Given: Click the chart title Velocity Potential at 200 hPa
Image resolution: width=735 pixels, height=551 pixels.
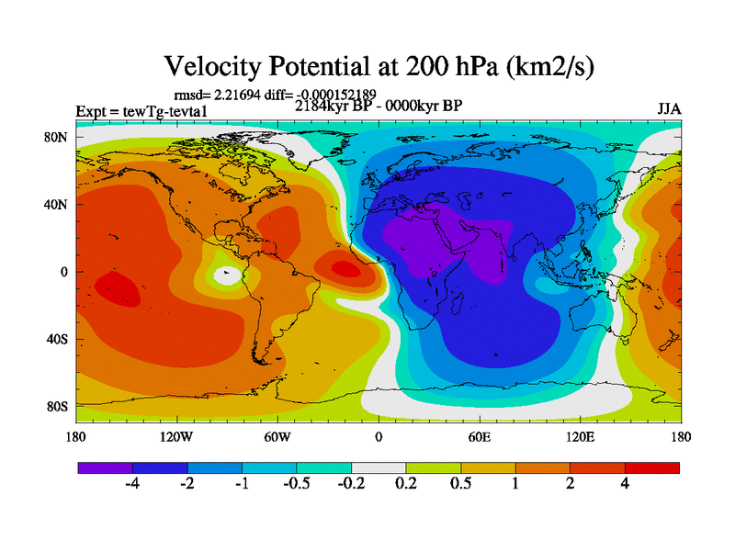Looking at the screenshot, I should coord(377,66).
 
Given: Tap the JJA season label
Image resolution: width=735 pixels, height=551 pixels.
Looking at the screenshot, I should coord(669,108).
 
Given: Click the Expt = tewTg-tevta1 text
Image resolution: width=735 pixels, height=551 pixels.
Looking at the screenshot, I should coord(141,112).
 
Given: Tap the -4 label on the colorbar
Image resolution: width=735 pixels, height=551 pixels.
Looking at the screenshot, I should coord(131,486).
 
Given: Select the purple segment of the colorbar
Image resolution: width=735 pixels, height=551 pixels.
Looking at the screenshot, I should coord(105,467).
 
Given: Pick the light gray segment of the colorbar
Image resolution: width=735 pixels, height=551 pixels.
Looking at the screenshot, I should coord(379,467).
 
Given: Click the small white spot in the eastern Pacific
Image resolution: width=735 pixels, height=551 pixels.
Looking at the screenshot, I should coord(227,275).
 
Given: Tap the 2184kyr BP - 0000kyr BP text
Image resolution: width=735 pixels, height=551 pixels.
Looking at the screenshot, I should coord(379,106).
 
